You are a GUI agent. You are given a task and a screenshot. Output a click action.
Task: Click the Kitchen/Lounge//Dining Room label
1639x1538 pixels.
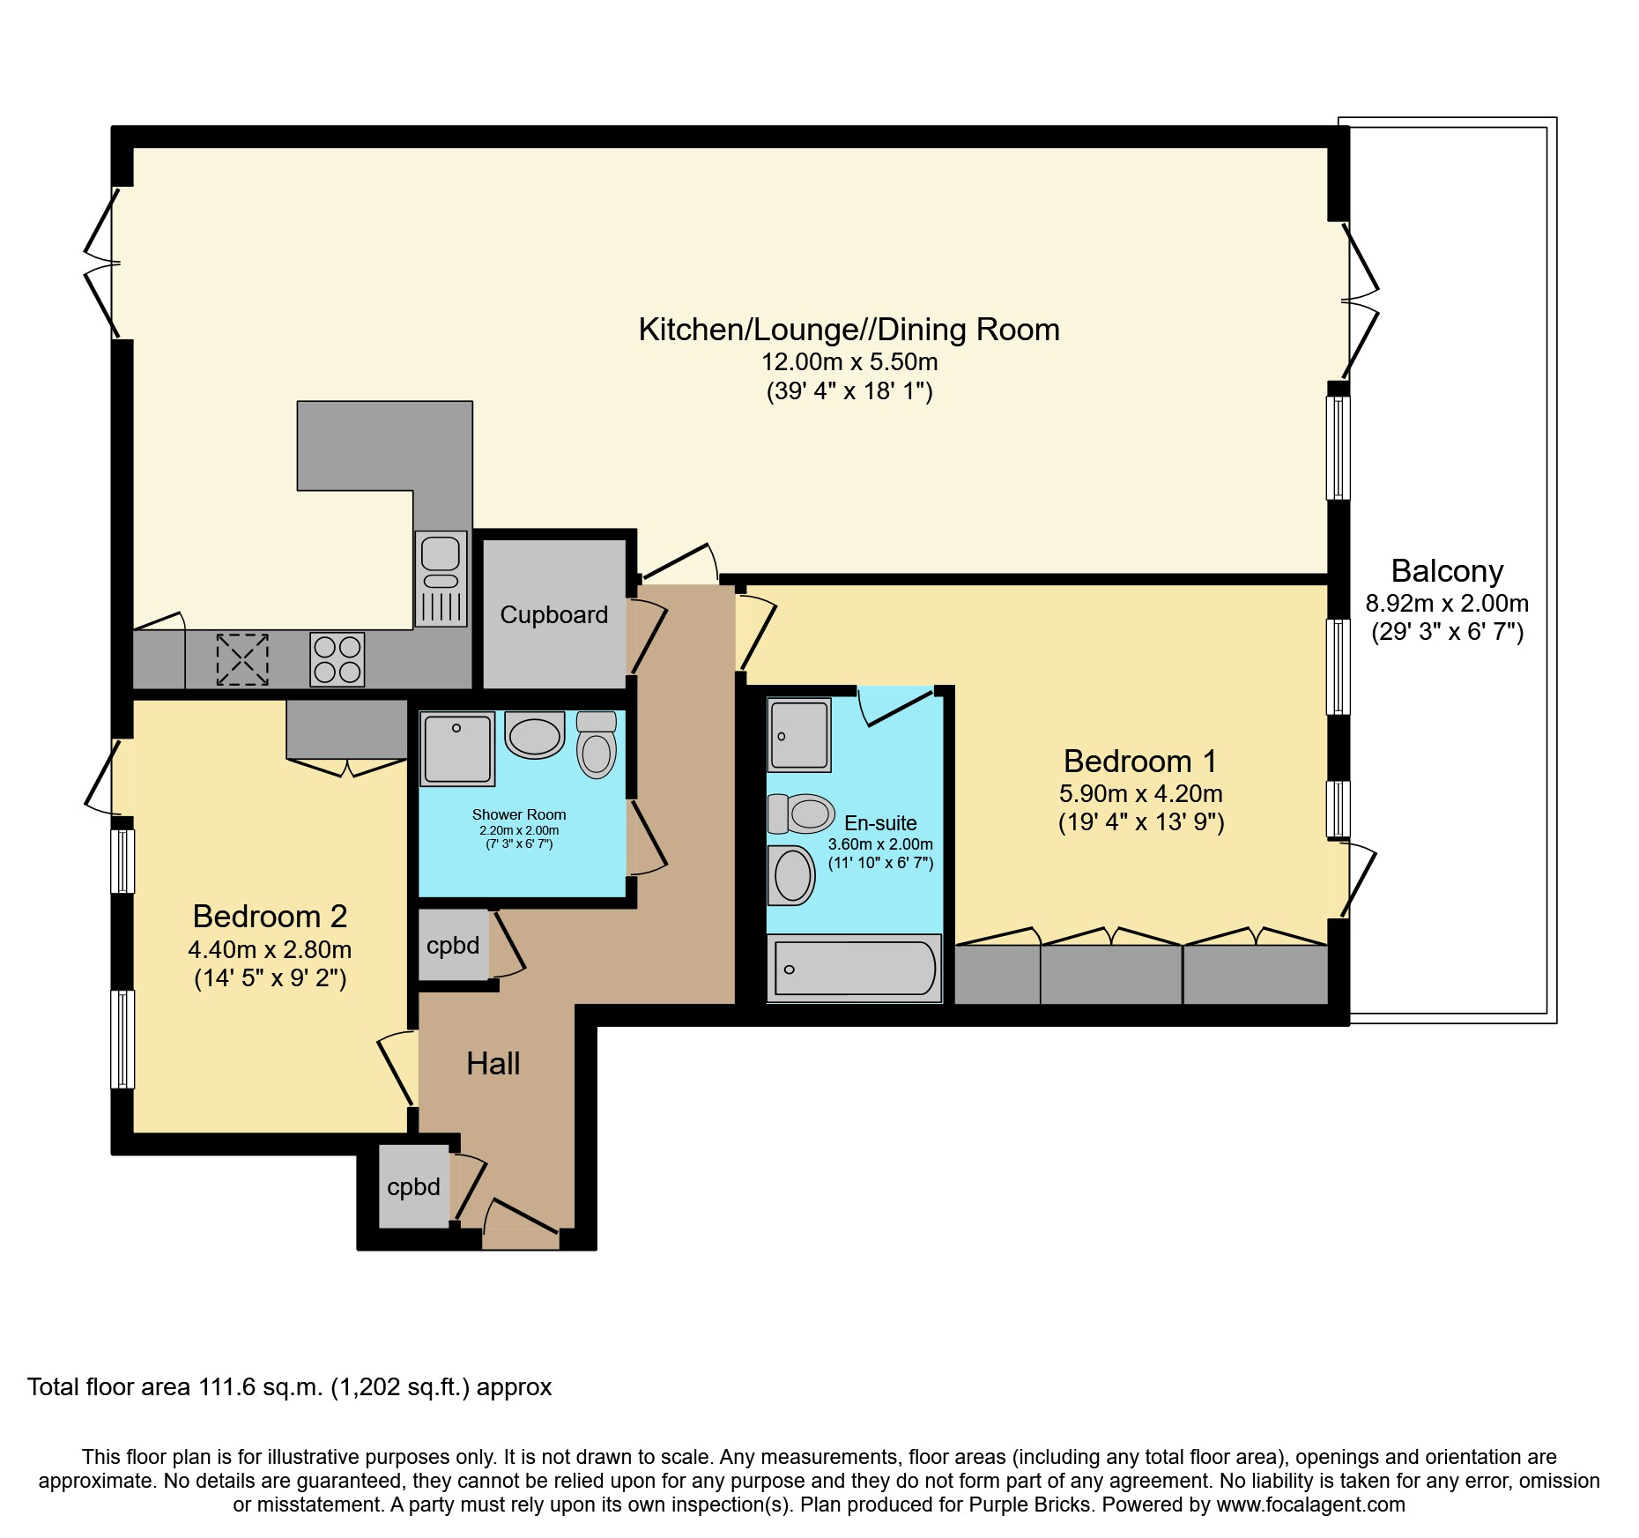pyautogui.click(x=849, y=330)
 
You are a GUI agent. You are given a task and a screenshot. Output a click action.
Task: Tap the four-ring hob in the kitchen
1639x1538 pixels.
pyautogui.click(x=337, y=659)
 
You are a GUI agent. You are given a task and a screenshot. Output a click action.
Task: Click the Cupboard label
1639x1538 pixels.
pyautogui.click(x=553, y=615)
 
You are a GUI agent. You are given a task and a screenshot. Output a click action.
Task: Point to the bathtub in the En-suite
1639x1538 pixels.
pyautogui.click(x=854, y=969)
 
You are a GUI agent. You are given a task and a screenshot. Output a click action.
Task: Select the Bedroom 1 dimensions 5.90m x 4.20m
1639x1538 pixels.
pyautogui.click(x=1140, y=794)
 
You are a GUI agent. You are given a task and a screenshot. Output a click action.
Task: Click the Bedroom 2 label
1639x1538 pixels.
pyautogui.click(x=270, y=917)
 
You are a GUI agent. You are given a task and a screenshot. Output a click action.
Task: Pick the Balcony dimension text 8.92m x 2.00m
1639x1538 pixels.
pyautogui.click(x=1447, y=604)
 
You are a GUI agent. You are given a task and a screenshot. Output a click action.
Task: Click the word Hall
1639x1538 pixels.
pyautogui.click(x=493, y=1064)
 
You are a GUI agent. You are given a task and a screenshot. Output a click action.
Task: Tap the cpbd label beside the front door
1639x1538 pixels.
pyautogui.click(x=413, y=1187)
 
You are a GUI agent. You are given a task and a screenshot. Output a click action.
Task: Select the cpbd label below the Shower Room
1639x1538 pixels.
pyautogui.click(x=453, y=946)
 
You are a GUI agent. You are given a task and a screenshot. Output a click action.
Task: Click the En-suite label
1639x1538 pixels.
pyautogui.click(x=880, y=823)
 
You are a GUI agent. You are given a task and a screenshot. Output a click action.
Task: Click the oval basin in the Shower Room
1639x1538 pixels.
pyautogui.click(x=535, y=736)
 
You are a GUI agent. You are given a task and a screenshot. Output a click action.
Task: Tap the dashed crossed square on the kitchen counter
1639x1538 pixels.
pyautogui.click(x=242, y=659)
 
